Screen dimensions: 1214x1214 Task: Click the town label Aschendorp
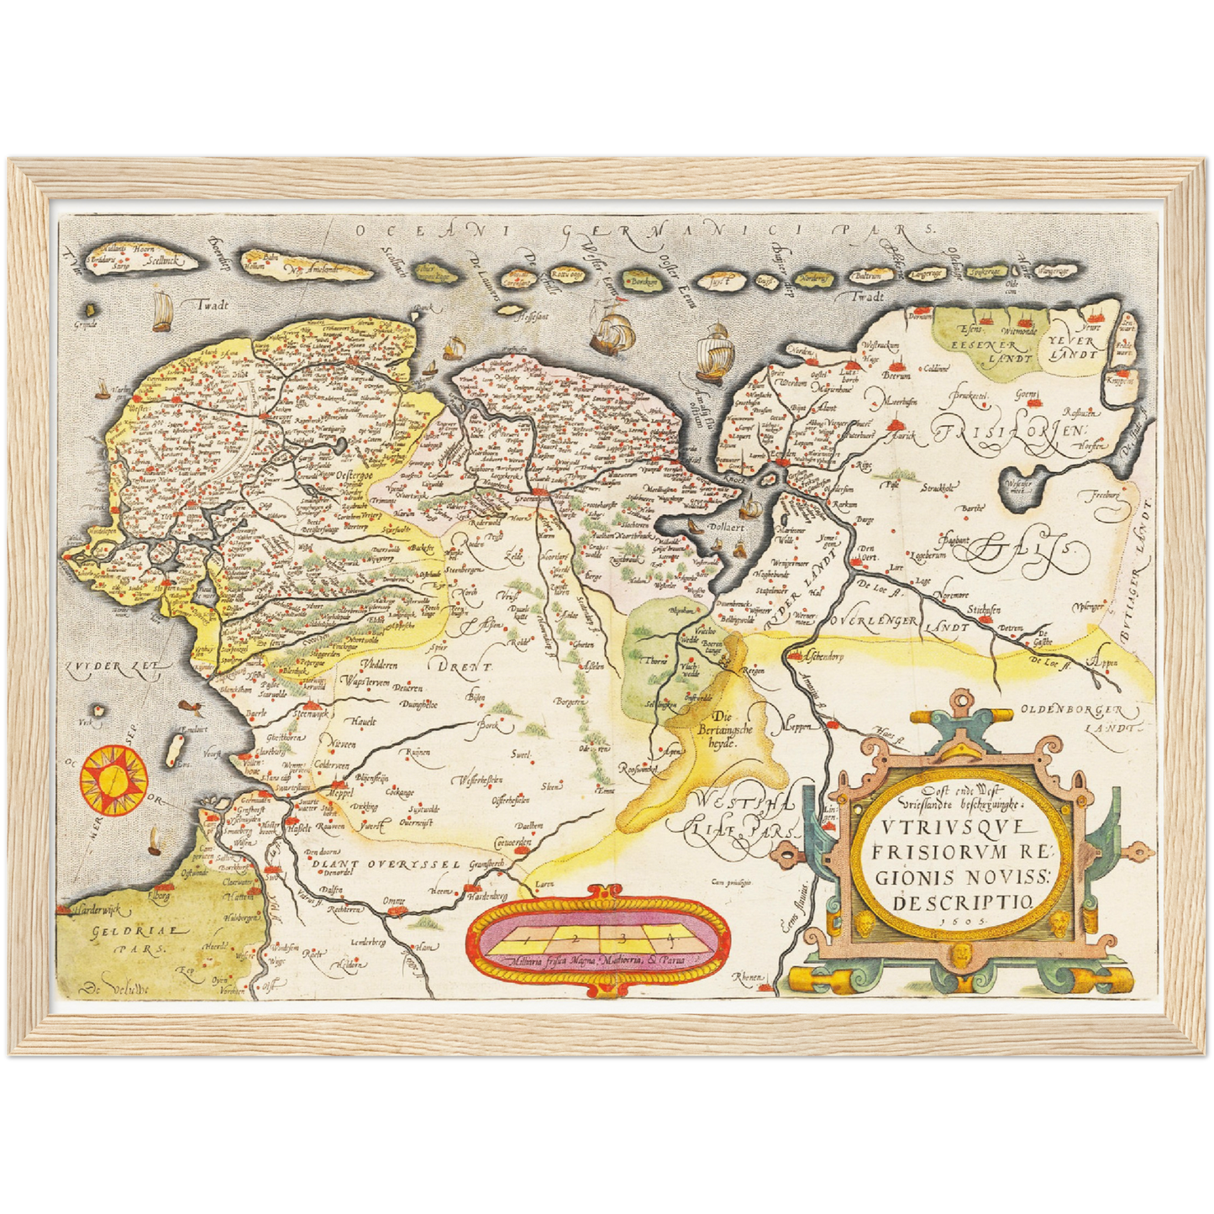click(823, 657)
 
